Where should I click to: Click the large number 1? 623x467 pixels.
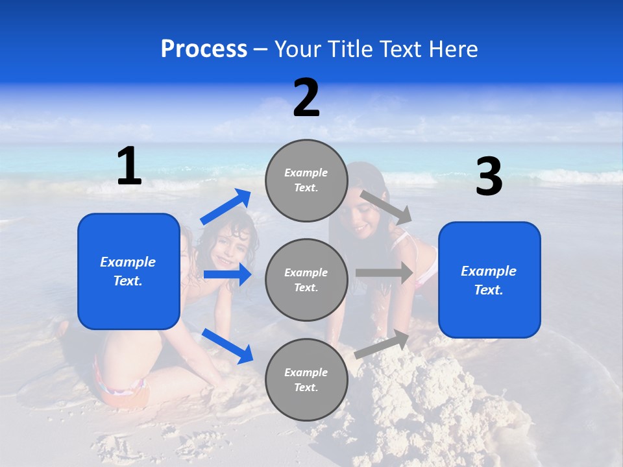[129, 167]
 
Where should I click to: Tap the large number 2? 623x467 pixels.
[306, 99]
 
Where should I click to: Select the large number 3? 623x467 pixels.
[489, 177]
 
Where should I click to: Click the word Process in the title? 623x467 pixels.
[204, 49]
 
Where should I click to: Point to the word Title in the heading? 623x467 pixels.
[349, 49]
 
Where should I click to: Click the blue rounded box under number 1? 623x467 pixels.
[128, 271]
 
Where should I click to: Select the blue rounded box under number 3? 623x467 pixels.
[489, 280]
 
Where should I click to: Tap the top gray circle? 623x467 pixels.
[306, 180]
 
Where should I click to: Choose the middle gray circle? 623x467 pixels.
[306, 280]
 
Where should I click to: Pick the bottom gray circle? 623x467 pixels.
[306, 379]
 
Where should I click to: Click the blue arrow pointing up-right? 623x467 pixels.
[226, 207]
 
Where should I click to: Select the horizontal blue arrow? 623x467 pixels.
[227, 275]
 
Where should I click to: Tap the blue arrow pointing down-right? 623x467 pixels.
[227, 346]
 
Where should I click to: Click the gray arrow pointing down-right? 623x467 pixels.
[385, 207]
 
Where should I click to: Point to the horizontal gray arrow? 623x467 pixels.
[384, 273]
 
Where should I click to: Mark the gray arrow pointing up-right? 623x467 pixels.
[382, 344]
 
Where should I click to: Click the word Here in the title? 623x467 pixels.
[454, 49]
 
